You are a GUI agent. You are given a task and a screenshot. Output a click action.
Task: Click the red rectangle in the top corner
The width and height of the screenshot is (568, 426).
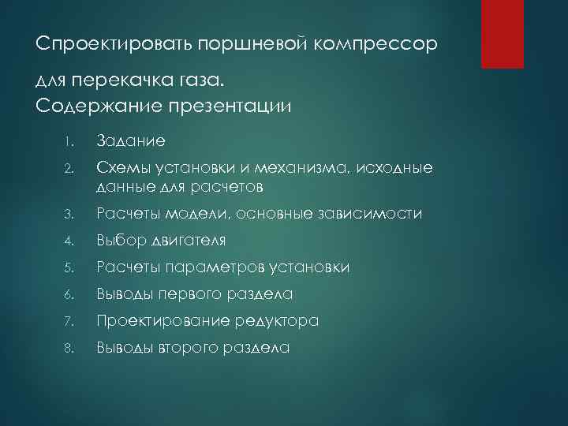tap(504, 33)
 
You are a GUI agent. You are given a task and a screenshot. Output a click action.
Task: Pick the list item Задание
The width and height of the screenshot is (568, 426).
tap(131, 141)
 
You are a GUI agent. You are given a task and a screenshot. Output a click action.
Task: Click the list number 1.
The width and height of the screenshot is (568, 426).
tap(69, 142)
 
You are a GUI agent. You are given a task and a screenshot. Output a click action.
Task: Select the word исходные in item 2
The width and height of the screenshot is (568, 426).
tap(395, 168)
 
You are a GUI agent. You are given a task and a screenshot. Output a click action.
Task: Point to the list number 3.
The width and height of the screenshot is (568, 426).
tap(69, 215)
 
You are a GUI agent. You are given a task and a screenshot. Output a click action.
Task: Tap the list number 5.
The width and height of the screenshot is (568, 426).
tap(69, 268)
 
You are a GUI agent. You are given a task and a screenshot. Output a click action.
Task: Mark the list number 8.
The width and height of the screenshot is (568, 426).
tap(69, 348)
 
